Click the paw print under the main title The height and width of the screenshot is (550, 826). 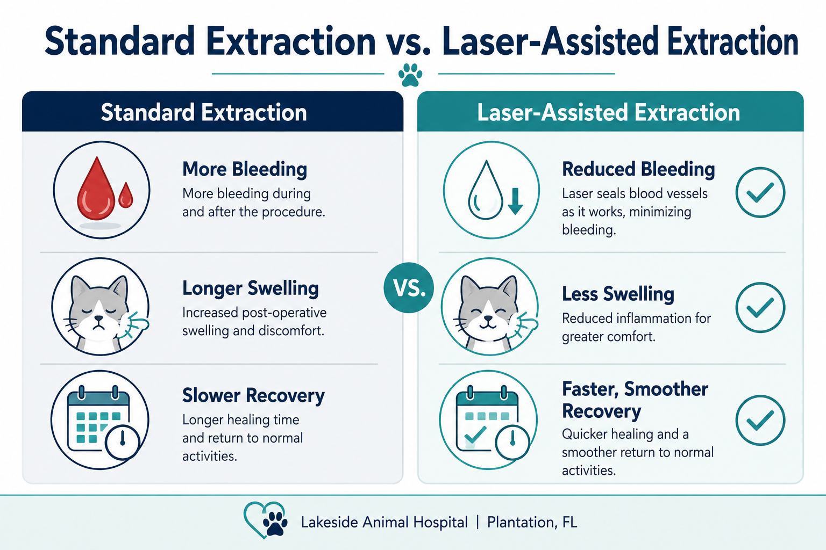(x=410, y=75)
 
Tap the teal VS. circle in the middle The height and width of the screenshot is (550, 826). (x=409, y=288)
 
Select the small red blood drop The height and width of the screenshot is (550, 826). (x=126, y=196)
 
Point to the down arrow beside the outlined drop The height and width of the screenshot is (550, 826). (x=515, y=201)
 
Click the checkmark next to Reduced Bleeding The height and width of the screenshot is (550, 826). (x=760, y=192)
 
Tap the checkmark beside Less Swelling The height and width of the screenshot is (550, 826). (x=760, y=308)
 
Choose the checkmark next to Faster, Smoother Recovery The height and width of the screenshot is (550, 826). (x=760, y=421)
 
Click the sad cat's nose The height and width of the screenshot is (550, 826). (x=98, y=318)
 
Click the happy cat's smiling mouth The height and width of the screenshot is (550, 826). (x=488, y=324)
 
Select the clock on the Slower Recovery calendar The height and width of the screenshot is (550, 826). (x=123, y=442)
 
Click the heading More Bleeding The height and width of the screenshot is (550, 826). (x=245, y=169)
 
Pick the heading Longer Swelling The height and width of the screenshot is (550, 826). (x=251, y=288)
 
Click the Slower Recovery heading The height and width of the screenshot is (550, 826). (x=254, y=395)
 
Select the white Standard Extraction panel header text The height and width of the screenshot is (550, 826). (x=204, y=112)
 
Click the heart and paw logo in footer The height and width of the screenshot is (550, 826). (x=266, y=520)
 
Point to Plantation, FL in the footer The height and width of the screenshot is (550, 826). (x=532, y=523)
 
